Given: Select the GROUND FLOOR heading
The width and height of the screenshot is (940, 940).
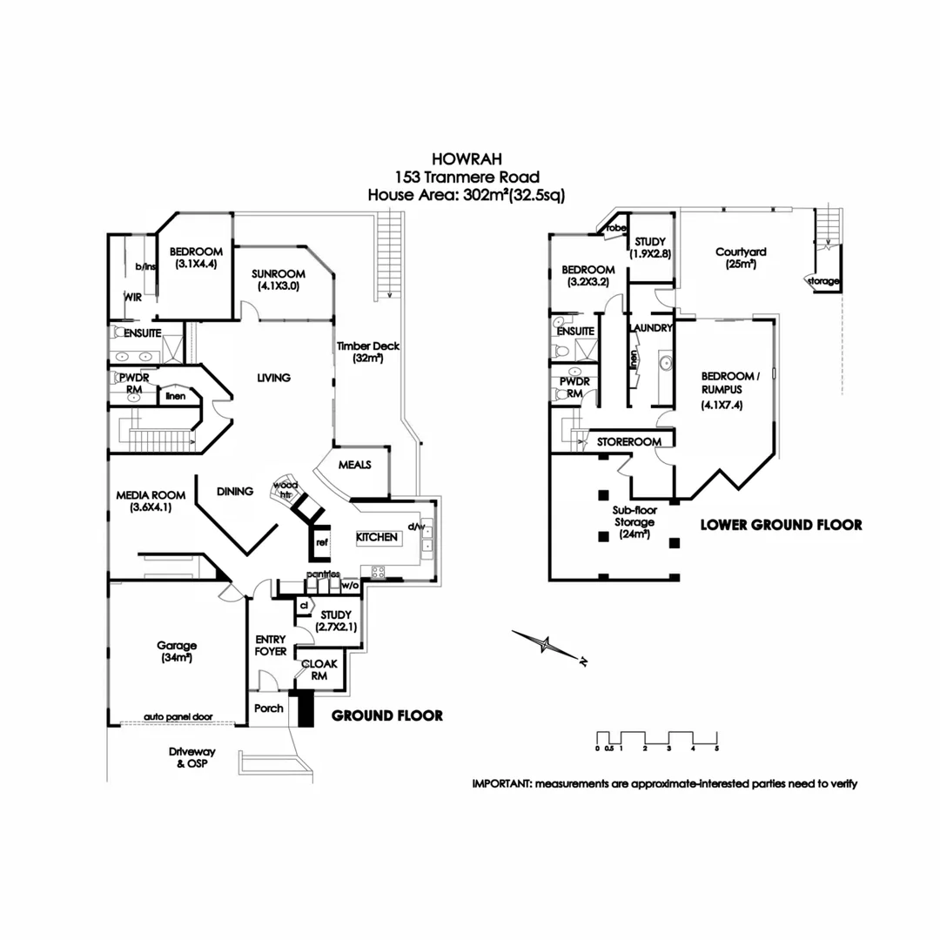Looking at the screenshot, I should pyautogui.click(x=387, y=715).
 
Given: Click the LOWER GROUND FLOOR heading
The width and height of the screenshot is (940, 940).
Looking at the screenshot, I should pyautogui.click(x=781, y=525).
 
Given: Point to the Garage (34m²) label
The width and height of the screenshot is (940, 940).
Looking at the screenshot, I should pyautogui.click(x=178, y=652).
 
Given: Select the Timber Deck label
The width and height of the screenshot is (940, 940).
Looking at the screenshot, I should pyautogui.click(x=368, y=352).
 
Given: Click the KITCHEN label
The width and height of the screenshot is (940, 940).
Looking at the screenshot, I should pyautogui.click(x=377, y=538).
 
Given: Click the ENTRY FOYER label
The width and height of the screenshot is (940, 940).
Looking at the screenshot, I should pyautogui.click(x=271, y=645).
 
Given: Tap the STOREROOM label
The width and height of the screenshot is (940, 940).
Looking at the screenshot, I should pyautogui.click(x=623, y=442).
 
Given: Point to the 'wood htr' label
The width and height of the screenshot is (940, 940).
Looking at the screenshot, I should pyautogui.click(x=285, y=488).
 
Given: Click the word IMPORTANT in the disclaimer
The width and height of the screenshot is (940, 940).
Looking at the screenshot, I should pyautogui.click(x=501, y=783).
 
